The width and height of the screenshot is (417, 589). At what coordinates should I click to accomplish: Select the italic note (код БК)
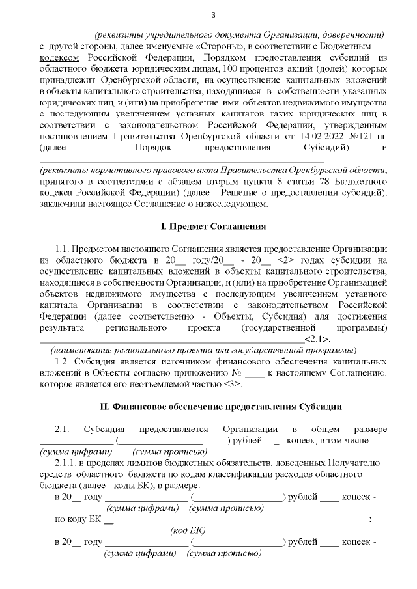pyautogui.click(x=188, y=530)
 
